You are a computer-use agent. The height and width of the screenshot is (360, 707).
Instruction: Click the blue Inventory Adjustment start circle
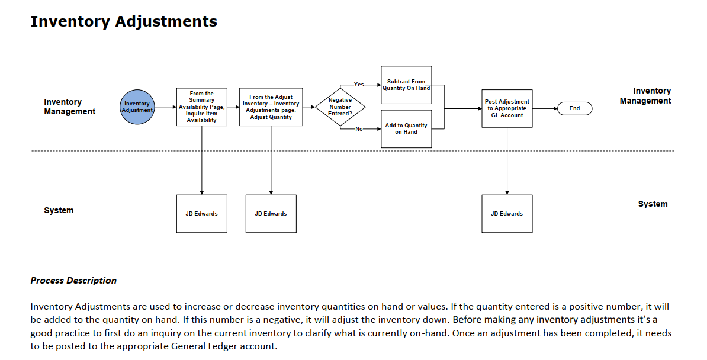(x=137, y=107)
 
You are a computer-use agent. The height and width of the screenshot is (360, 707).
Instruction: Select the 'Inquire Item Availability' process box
(x=201, y=107)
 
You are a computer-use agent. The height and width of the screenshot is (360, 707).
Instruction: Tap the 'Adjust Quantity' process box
(x=271, y=107)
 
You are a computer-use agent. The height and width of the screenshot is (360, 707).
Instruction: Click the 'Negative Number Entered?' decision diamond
(x=340, y=107)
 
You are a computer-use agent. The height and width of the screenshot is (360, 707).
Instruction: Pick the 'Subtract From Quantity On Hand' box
(x=406, y=85)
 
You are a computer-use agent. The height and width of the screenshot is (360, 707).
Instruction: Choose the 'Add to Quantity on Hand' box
(x=406, y=129)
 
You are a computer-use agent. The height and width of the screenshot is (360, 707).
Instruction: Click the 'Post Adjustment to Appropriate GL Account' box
(x=507, y=109)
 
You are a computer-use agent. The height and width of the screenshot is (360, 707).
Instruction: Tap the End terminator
(x=574, y=109)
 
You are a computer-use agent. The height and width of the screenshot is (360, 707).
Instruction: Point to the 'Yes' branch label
(x=359, y=84)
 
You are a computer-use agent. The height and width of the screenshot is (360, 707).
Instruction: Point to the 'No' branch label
(x=359, y=129)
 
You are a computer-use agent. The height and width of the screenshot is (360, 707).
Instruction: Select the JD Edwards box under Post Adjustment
(x=507, y=214)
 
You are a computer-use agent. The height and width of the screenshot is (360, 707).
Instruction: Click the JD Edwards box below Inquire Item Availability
(x=201, y=214)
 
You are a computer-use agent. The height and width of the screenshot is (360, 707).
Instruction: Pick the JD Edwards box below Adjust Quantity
(x=271, y=214)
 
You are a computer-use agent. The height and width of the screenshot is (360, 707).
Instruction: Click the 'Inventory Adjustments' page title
(x=124, y=22)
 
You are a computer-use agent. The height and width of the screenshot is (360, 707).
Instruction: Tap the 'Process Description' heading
(x=73, y=281)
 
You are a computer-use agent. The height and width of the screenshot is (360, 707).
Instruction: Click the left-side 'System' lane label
(x=59, y=210)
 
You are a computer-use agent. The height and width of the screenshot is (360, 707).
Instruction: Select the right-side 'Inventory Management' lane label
(x=645, y=96)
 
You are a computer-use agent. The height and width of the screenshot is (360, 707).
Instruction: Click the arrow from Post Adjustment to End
(x=545, y=109)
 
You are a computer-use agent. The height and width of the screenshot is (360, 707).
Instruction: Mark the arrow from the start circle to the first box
(x=165, y=107)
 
